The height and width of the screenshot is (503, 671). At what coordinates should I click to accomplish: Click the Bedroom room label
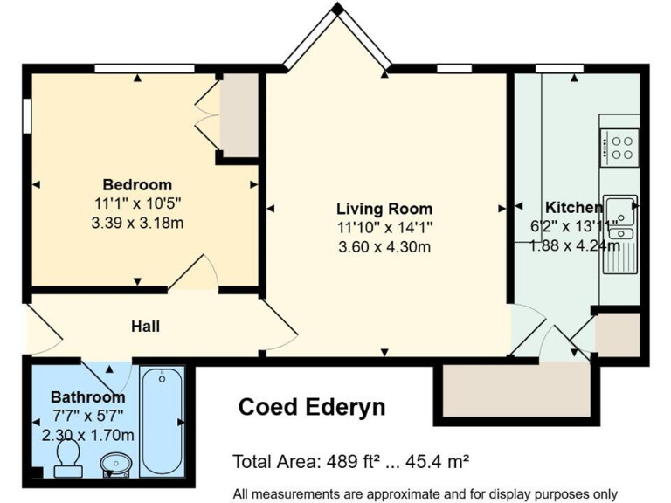point(137,185)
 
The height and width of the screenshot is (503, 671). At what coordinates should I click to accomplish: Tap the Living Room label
point(384,209)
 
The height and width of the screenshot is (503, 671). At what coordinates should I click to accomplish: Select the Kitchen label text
point(573,208)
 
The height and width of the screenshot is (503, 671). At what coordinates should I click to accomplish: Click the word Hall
point(145,327)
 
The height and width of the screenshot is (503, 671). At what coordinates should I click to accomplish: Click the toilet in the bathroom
point(67,458)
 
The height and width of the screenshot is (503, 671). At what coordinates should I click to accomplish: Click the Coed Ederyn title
point(312,407)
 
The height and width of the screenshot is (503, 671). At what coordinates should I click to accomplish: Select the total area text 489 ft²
point(352,460)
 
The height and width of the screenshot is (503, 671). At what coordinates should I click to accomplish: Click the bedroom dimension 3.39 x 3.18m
point(137,223)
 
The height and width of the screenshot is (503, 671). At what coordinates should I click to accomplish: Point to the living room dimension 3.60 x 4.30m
point(384,246)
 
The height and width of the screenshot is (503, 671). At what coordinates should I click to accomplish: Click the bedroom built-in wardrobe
point(238,115)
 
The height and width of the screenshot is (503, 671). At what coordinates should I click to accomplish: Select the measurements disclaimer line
point(425,493)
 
